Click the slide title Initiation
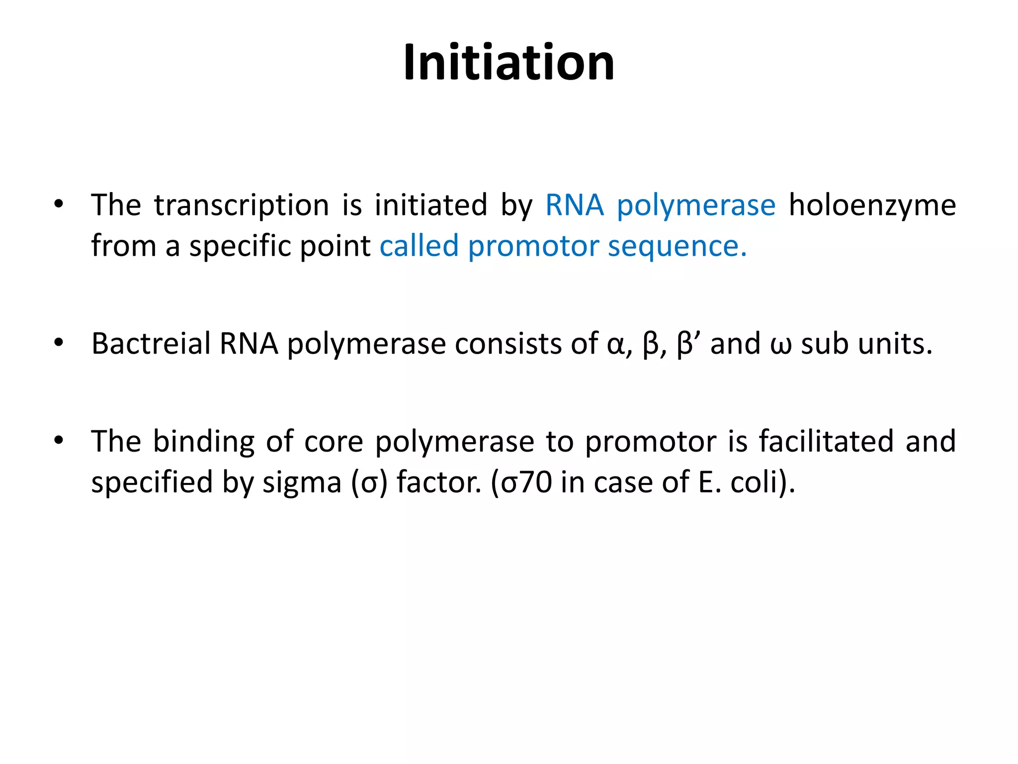[509, 63]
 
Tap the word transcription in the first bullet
[242, 205]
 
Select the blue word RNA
[574, 205]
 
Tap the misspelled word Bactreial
[151, 344]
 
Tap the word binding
[204, 442]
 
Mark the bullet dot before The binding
[59, 440]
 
